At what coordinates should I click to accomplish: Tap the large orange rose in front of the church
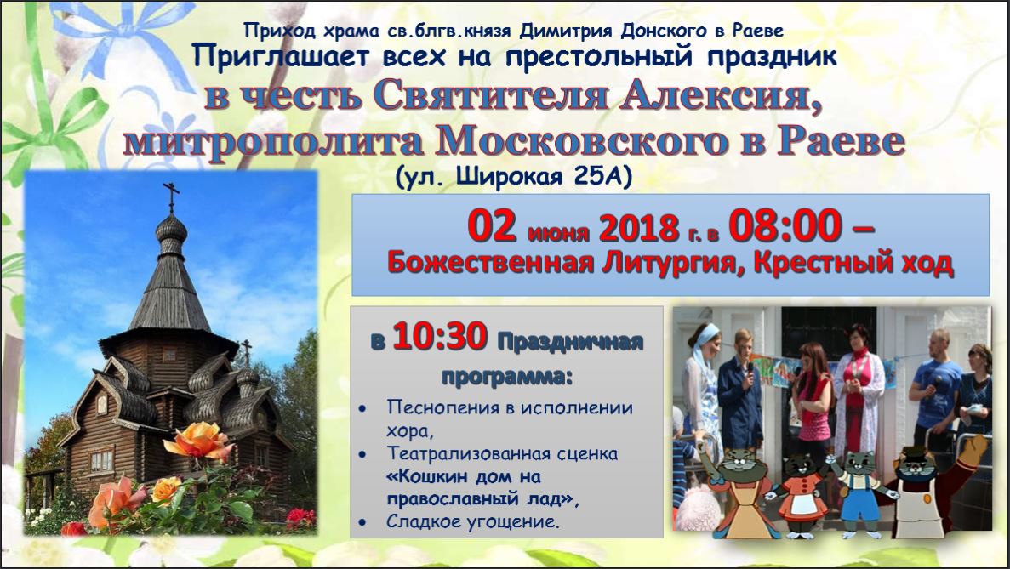(x=198, y=441)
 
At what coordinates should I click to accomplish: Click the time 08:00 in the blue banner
(x=785, y=225)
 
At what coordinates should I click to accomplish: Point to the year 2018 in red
(x=639, y=228)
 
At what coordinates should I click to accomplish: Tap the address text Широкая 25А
(x=544, y=176)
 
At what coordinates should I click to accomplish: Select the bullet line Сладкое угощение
(x=472, y=521)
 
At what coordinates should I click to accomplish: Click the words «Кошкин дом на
(x=463, y=477)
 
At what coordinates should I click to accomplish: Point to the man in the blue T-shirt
(x=937, y=386)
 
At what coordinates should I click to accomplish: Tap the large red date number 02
(x=492, y=225)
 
